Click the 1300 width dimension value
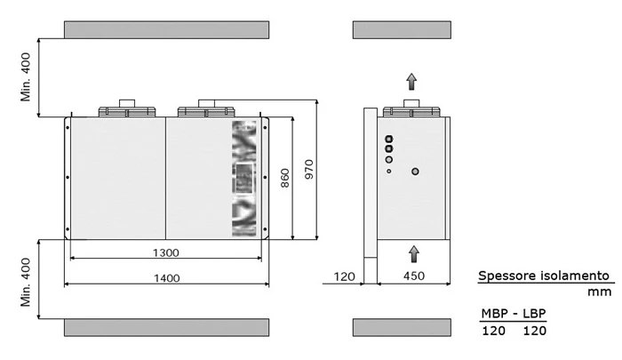point(166,252)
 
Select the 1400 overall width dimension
point(167,278)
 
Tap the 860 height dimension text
point(285,178)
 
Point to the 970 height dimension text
point(309,169)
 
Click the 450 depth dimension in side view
point(414,276)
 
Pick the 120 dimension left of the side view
point(345,276)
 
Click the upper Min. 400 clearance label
point(26,77)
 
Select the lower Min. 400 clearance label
point(26,282)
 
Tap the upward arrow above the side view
point(411,82)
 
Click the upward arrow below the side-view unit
point(414,253)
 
